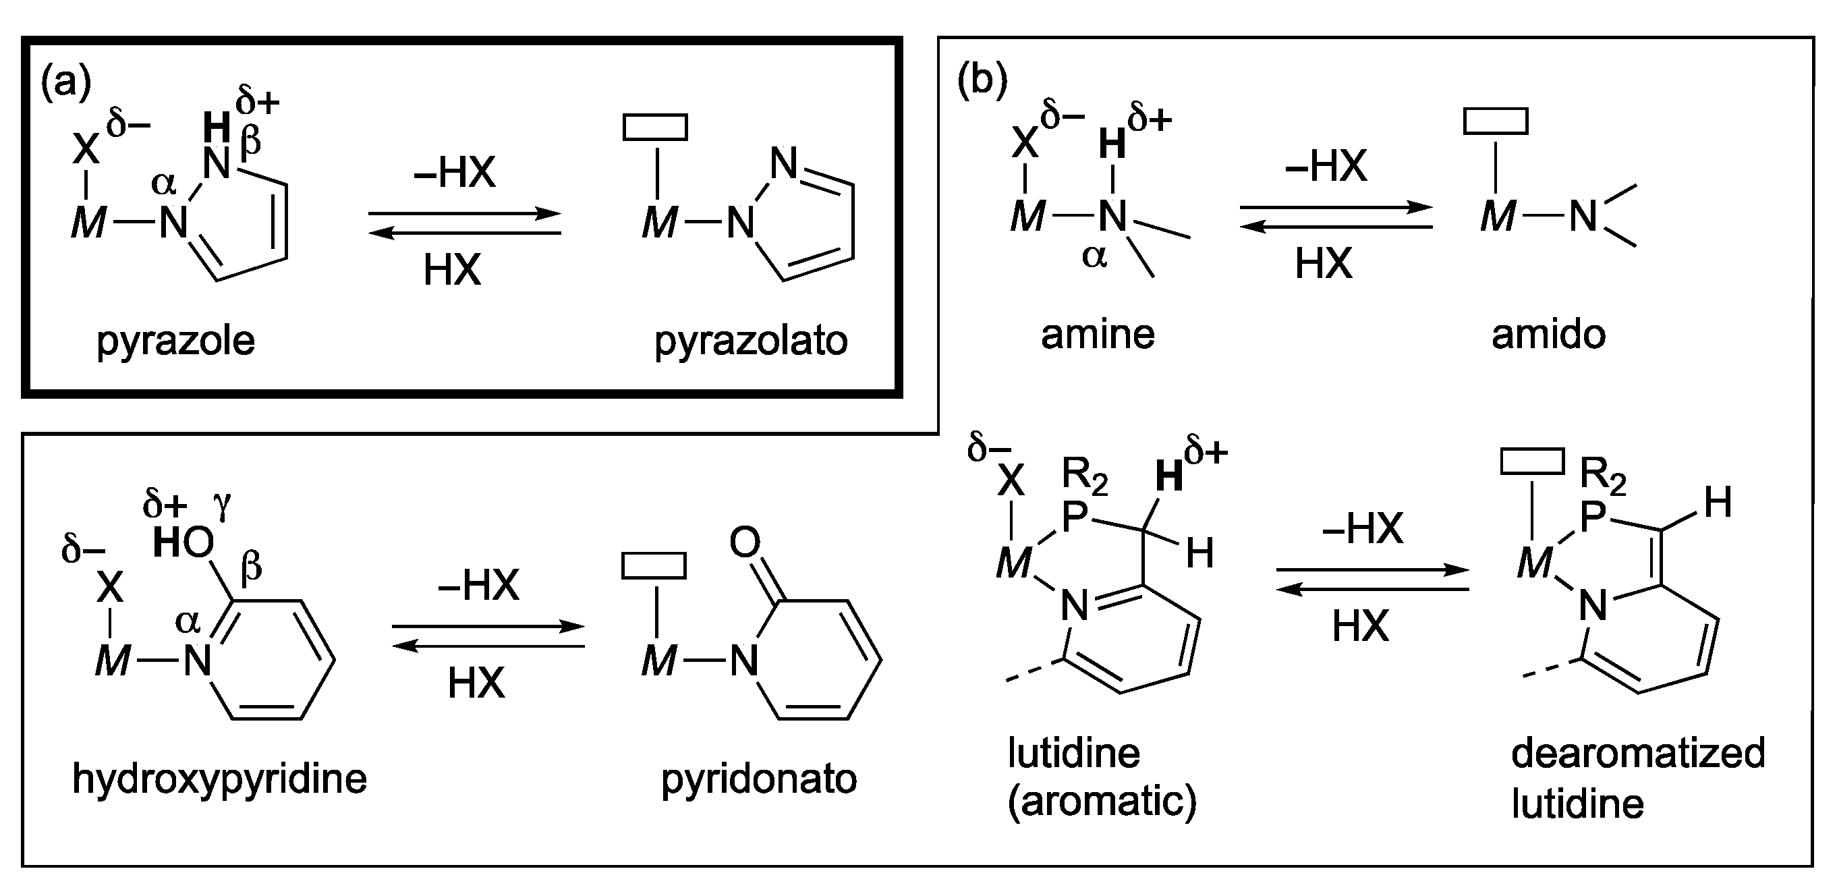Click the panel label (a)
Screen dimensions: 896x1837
pos(66,83)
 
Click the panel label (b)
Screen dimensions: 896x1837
pos(982,79)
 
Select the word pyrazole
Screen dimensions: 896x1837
pos(175,341)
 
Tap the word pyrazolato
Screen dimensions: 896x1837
pos(751,341)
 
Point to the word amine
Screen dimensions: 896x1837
pos(1098,334)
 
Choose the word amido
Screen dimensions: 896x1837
pos(1548,334)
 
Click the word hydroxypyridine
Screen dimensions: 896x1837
pos(220,779)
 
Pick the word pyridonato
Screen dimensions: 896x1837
pos(759,779)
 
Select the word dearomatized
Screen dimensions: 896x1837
pos(1638,754)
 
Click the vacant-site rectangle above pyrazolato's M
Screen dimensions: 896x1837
pos(655,127)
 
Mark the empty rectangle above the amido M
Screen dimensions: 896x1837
pos(1496,121)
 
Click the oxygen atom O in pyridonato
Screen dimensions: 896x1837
pos(745,543)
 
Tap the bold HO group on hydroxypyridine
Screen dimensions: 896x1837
pos(183,544)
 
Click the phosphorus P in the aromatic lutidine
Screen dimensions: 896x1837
pos(1075,517)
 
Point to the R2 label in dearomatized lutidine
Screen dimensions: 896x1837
pos(1602,475)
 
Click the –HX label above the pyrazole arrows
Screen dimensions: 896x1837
pos(454,173)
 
